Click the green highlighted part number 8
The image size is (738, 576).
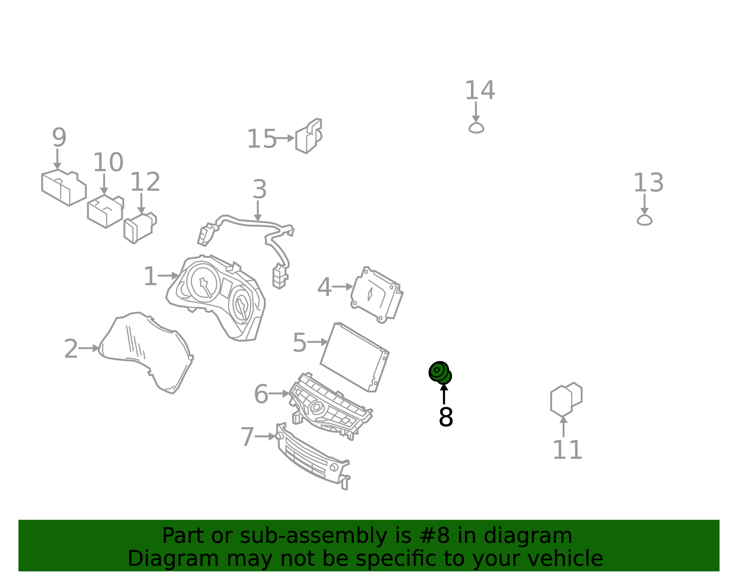pos(440,373)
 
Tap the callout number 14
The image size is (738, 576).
pos(480,90)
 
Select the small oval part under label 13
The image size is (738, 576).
pos(644,220)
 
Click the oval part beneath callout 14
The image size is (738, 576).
pos(476,128)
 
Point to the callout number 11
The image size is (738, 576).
pos(567,450)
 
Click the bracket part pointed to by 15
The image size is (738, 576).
pos(309,136)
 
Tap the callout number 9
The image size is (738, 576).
pos(59,137)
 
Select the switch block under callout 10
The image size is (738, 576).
pos(105,211)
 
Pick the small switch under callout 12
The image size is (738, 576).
pos(140,228)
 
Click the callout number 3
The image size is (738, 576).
pos(260,189)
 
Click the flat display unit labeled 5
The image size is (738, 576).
pos(354,357)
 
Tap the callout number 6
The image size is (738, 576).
pos(261,394)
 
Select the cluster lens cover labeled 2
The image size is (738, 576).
pos(146,353)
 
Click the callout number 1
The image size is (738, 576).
pos(150,276)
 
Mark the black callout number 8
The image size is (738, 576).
pos(446,417)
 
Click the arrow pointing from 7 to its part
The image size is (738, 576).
pos(265,437)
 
